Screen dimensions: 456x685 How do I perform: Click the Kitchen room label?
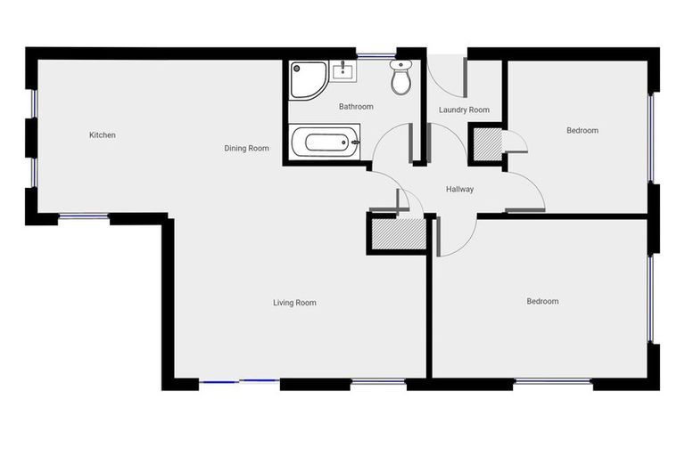103,135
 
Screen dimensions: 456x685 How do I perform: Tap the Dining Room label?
246,149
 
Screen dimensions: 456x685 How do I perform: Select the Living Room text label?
294,303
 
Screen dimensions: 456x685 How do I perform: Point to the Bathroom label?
356,107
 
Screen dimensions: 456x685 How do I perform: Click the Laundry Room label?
464,110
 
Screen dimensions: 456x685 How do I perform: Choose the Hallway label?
459,189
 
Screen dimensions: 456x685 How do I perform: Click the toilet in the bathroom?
400,77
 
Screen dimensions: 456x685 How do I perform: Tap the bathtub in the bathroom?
326,142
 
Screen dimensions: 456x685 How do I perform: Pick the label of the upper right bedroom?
582,131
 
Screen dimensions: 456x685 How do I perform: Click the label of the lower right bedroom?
542,301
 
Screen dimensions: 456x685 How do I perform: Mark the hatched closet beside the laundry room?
487,144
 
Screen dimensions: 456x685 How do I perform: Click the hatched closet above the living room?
399,234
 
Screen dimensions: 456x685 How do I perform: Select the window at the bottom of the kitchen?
84,216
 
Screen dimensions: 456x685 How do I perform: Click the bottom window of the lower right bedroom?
553,382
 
